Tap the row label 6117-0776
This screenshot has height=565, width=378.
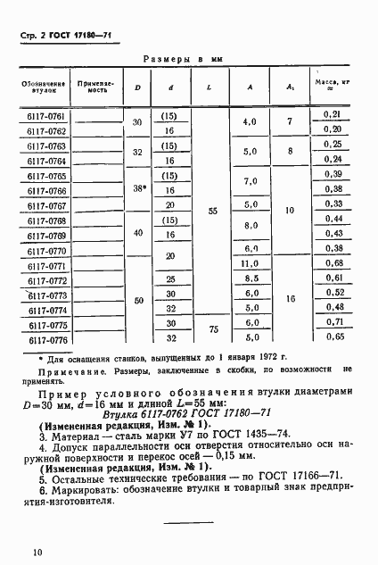click(x=41, y=339)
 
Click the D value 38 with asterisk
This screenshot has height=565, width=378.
click(x=137, y=189)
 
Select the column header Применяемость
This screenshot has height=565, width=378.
click(x=93, y=86)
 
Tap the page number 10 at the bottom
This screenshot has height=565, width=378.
click(x=37, y=553)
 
